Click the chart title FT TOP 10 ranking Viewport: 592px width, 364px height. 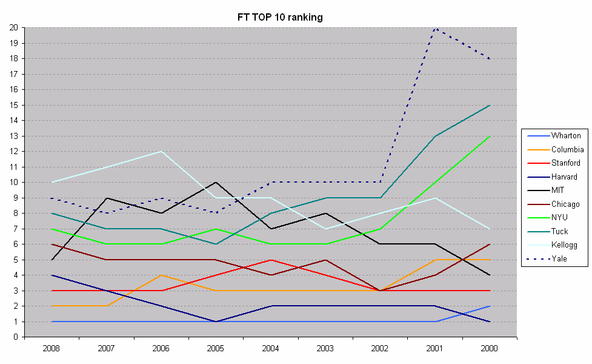[x=280, y=17]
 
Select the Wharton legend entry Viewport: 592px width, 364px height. [x=566, y=136]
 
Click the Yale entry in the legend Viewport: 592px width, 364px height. [x=560, y=258]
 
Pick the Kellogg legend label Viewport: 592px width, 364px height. [x=564, y=245]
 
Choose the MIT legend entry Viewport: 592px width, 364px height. [x=559, y=190]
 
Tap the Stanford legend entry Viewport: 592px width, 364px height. [x=565, y=163]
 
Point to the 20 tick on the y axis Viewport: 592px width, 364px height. [x=13, y=28]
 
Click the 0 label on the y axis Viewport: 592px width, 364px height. [x=15, y=337]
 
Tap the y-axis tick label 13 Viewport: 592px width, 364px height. [x=13, y=136]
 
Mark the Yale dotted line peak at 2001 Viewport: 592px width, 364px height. [x=434, y=28]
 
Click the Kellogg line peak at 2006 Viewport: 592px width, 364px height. [x=161, y=152]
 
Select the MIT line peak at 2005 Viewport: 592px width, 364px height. [x=215, y=183]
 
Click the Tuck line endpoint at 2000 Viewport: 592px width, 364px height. [x=489, y=105]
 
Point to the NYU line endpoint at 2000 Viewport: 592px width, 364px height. [x=489, y=136]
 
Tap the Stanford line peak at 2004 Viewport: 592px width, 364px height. [x=270, y=260]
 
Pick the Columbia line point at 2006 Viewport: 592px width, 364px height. [x=161, y=275]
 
